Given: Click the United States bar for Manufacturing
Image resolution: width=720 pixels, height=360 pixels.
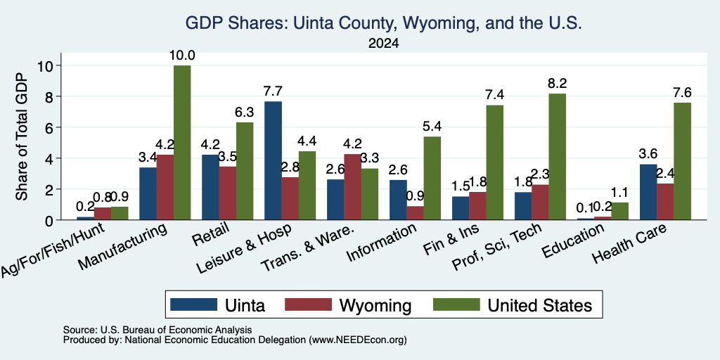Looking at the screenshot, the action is click(182, 142).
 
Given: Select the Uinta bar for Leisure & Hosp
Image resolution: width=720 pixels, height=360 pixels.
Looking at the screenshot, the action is click(273, 160).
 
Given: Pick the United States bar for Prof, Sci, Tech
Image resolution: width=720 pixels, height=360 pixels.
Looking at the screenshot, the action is click(557, 157).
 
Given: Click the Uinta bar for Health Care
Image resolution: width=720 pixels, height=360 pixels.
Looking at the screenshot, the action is click(648, 192).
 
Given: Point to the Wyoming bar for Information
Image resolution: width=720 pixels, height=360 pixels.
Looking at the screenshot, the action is click(415, 213).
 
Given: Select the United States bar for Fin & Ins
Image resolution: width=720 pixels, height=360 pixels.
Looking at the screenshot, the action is click(494, 162).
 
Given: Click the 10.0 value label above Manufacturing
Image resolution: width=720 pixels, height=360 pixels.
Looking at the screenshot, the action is click(182, 56).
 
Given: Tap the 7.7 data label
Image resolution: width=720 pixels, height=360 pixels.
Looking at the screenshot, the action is click(273, 91).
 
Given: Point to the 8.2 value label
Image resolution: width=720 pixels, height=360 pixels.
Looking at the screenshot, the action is click(557, 83).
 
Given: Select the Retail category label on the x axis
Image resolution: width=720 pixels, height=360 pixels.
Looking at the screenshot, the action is click(211, 235).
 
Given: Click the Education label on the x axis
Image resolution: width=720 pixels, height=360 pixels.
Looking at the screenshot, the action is click(572, 240).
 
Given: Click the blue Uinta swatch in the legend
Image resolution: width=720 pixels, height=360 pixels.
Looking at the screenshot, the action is click(193, 304).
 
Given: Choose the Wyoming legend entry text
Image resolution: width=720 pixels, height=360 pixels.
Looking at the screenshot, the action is click(375, 305).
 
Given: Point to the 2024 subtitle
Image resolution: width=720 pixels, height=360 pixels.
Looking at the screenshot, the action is click(383, 44).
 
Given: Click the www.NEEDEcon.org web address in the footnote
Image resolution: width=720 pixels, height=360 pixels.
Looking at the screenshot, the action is click(358, 340).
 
